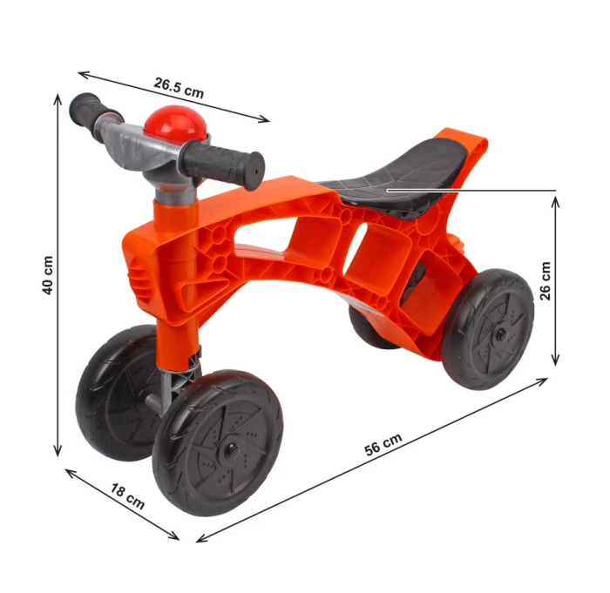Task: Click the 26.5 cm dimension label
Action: coord(179,88)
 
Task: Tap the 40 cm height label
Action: coord(47,275)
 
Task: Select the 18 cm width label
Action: coord(127,495)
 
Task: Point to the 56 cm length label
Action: coord(383,444)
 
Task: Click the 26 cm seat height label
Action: coord(546,280)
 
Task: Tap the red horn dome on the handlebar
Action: coord(175,123)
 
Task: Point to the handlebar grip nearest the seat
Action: coord(222,164)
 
